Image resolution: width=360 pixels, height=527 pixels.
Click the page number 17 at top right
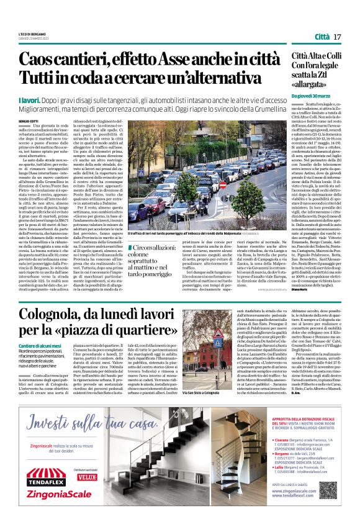click(338, 37)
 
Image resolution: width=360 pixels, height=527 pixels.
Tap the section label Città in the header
click(322, 37)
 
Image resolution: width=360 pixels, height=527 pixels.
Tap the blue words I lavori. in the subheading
click(30, 99)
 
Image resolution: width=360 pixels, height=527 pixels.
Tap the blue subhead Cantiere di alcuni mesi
click(43, 345)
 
